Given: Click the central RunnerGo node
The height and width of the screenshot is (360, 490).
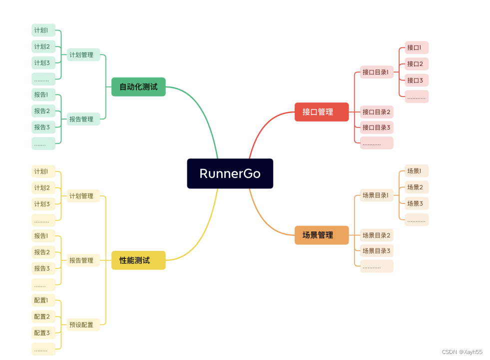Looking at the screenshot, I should coord(230,173).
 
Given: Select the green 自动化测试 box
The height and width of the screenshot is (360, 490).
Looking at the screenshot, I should coord(138,86).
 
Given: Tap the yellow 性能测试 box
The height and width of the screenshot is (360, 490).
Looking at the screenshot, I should coord(138,260).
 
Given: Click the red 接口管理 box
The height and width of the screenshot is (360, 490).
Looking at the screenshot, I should coord(322,112).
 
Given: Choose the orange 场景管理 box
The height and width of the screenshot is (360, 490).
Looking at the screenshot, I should coord(322,235).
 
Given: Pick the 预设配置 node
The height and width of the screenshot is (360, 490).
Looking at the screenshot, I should coord(83,324).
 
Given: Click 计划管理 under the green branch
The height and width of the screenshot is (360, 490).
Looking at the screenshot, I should coord(83,55).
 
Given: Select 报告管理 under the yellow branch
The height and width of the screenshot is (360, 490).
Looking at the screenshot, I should coord(83,260).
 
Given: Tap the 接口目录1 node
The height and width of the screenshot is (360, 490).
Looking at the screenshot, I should coord(377,72).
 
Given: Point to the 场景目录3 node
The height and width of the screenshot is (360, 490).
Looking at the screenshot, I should coord(377,250).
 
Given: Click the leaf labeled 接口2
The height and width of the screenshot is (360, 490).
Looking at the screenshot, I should coord(416,63).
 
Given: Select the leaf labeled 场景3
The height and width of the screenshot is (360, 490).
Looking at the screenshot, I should coord(416,203).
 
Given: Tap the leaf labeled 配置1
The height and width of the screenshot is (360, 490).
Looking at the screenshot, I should coord(43,300).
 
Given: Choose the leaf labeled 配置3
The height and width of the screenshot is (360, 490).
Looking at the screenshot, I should coord(43,332).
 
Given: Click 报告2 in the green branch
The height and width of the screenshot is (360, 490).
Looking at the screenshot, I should coord(43,110).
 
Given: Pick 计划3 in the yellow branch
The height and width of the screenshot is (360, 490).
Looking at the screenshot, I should coord(43,204).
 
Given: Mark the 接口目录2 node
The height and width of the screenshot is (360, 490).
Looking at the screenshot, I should coord(377,111).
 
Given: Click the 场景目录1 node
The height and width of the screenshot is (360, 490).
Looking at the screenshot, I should coord(377,195).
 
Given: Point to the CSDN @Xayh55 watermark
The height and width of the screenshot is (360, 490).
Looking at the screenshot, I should coord(463,352).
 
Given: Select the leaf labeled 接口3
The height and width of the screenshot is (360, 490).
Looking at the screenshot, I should coord(416,80).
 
